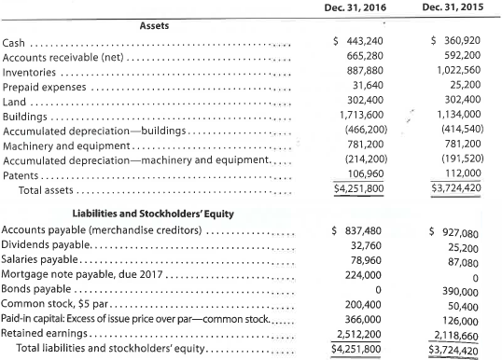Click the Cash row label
[x=15, y=44]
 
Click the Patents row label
[x=22, y=174]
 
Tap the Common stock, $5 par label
[x=58, y=303]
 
